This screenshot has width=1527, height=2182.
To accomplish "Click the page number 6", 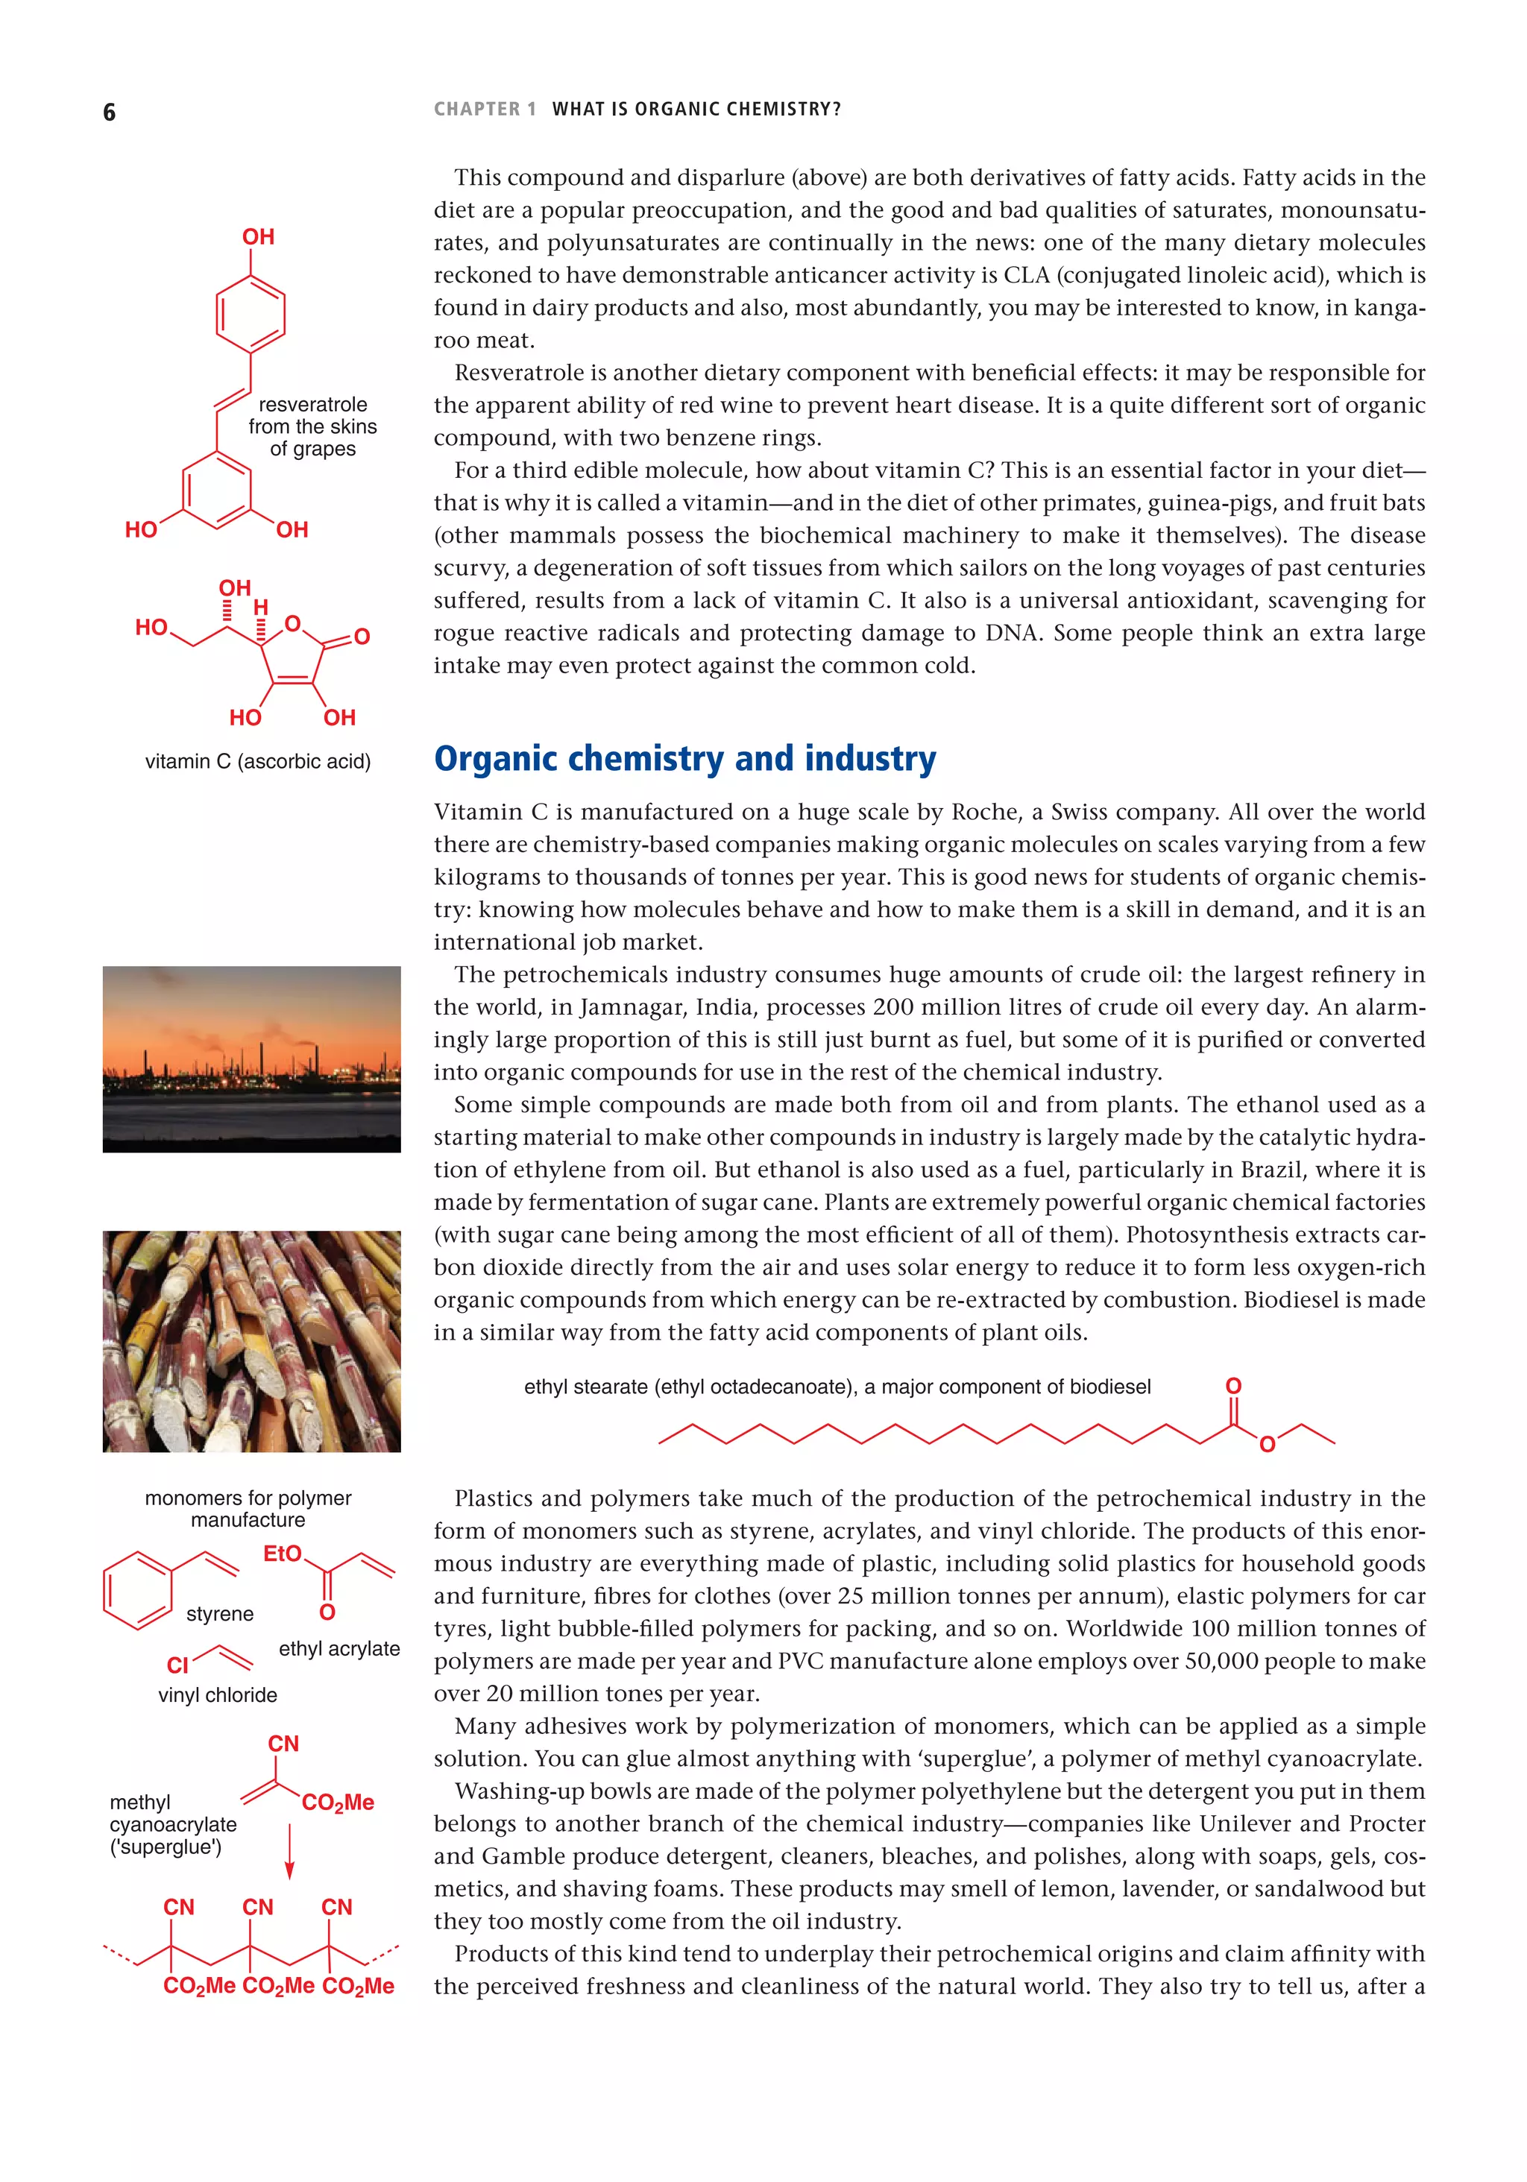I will point(110,112).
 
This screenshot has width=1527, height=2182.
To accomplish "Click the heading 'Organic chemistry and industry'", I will point(684,760).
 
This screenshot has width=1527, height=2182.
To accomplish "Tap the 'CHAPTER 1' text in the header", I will point(485,110).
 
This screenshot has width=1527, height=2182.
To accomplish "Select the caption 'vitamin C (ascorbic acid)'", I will point(258,761).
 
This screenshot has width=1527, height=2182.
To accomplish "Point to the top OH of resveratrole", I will point(258,236).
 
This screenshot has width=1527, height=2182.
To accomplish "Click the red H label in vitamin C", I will point(260,606).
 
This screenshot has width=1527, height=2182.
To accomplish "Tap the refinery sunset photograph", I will point(251,1059).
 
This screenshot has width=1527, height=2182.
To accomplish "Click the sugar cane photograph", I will point(251,1340).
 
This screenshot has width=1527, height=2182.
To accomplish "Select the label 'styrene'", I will point(220,1614).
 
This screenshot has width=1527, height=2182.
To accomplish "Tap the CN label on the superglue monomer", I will point(283,1744).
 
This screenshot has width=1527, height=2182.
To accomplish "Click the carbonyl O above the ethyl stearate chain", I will point(1233,1387).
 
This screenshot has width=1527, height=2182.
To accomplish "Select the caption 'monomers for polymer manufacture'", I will point(248,1508).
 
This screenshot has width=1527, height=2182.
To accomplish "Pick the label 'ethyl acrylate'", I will point(339,1649).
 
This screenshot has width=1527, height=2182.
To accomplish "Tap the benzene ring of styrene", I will point(138,1590).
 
